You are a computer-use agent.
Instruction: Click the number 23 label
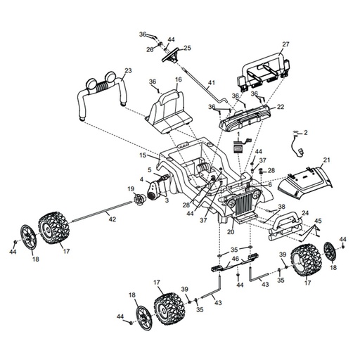tap(128, 70)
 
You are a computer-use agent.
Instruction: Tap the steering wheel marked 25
tap(170, 56)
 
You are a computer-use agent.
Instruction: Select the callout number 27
tap(286, 44)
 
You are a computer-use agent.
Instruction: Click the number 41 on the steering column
tap(212, 83)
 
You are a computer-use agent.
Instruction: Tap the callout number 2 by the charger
tap(305, 133)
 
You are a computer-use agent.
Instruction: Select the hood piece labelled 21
tap(305, 182)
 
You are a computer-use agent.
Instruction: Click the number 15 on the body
tap(143, 155)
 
